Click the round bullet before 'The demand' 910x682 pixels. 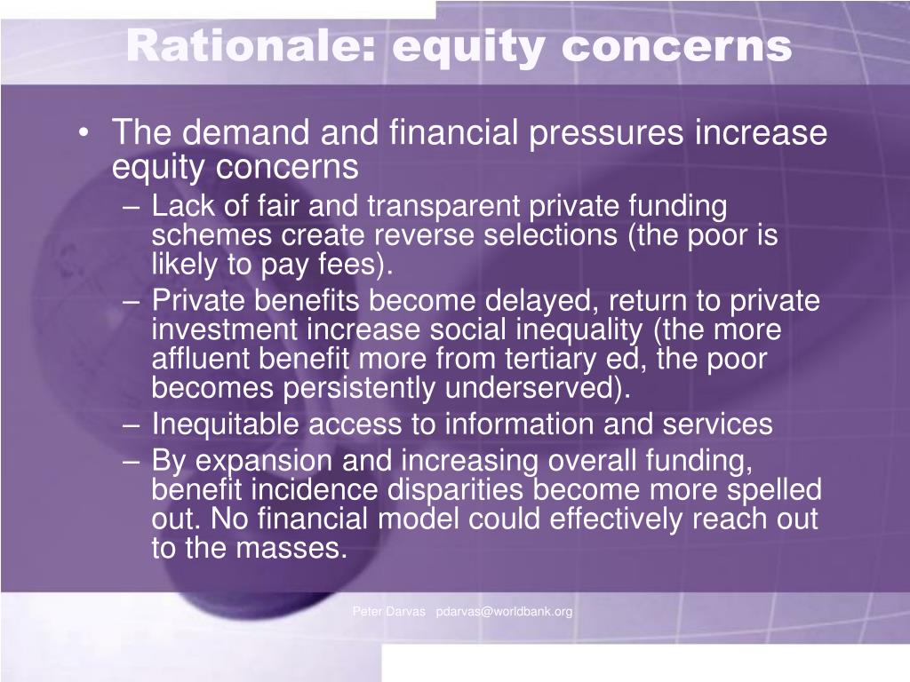[x=84, y=133]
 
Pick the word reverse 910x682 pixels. [x=423, y=235]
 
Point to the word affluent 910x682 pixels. [x=200, y=359]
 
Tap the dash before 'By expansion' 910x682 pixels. [x=132, y=462]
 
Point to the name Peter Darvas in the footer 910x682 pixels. [x=389, y=611]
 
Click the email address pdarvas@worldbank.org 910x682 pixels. [x=505, y=612]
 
